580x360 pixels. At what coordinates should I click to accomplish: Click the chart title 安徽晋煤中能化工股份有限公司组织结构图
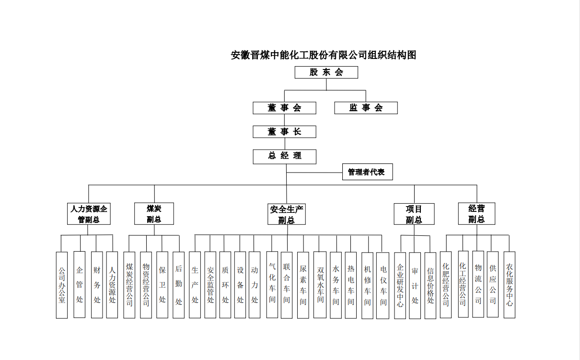[324, 55]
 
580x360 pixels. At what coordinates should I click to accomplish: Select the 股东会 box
[326, 72]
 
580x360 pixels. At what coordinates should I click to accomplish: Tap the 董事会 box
[284, 108]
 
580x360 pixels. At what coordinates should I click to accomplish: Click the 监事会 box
[366, 108]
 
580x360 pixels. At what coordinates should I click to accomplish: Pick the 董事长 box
[284, 131]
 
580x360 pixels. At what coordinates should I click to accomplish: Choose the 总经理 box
[284, 156]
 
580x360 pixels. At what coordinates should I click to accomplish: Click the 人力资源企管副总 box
[89, 214]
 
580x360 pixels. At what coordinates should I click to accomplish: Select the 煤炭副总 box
[154, 214]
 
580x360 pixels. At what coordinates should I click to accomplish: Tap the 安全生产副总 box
[287, 214]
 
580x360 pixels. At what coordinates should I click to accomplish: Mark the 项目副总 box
[414, 214]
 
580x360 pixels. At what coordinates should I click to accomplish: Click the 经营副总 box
[476, 214]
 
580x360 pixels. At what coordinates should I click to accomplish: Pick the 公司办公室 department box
[62, 285]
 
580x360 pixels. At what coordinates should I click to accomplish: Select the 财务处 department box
[97, 285]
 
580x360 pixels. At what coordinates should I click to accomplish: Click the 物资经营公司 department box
[146, 285]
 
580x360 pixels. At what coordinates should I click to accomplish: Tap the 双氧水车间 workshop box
[320, 285]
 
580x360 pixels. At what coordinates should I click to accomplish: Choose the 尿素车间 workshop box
[303, 285]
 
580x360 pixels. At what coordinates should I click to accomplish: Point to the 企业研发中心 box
[400, 285]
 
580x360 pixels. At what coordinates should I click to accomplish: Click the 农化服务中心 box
[510, 285]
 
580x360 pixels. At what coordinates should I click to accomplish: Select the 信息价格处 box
[430, 285]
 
